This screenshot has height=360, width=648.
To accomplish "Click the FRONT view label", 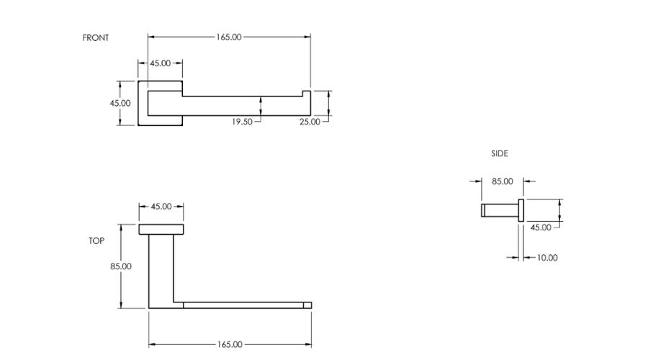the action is click(96, 37).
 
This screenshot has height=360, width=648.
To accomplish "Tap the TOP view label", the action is click(96, 240).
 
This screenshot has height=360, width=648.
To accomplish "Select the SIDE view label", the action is click(500, 153).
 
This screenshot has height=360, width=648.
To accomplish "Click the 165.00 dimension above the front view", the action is click(229, 37).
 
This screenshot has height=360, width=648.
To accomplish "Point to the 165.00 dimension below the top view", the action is click(230, 344).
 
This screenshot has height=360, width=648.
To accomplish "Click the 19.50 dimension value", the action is click(242, 122).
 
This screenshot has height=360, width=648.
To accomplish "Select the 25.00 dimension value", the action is click(310, 122).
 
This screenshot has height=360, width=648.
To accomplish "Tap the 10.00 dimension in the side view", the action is click(547, 258).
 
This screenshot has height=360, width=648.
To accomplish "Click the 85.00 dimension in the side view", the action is click(503, 181).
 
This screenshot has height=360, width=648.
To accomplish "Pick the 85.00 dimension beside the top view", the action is click(121, 266).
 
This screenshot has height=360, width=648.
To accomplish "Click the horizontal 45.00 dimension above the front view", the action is click(161, 63).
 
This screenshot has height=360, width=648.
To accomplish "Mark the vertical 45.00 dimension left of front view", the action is click(120, 103).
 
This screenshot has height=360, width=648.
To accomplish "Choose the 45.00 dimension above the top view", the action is click(161, 206).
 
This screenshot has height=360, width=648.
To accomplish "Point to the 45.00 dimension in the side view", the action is click(541, 228).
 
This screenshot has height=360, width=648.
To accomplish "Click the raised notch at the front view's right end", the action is click(307, 94).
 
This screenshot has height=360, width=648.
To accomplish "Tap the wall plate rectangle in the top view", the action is click(161, 230).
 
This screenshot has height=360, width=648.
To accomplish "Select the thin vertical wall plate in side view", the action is click(521, 210).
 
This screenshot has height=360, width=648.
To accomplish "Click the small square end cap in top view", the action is click(307, 305).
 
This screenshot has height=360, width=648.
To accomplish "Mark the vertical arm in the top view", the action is click(161, 271).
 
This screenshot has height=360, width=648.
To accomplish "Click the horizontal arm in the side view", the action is click(500, 210).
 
